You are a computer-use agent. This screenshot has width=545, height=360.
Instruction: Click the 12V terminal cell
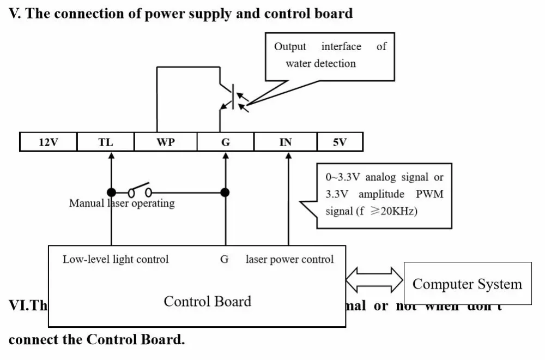pos(48,142)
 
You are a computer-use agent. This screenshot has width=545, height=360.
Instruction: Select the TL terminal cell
pos(105,142)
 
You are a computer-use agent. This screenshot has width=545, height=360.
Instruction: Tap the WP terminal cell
pos(165,142)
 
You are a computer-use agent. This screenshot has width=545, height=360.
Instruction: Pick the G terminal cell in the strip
pos(225,142)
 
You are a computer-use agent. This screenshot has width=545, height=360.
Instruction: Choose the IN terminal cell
pos(285,142)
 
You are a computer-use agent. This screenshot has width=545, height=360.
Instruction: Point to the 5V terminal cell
pos(340,142)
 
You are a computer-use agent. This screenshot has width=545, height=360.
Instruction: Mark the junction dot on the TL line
pos(111,192)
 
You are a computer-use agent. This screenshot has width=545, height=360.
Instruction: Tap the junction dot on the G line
pos(225,192)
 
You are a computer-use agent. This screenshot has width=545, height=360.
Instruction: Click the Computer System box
pos(467,284)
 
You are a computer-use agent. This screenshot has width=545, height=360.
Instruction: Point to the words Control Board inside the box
pos(207,302)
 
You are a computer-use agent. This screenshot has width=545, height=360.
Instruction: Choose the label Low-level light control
pos(116,259)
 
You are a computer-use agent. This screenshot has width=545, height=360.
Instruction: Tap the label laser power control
pos(289,259)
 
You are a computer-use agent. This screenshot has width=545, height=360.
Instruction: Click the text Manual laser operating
pos(122,203)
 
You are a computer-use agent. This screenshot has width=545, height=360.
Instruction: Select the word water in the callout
pos(298,63)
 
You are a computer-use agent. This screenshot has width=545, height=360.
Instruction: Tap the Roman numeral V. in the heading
pos(15,14)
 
